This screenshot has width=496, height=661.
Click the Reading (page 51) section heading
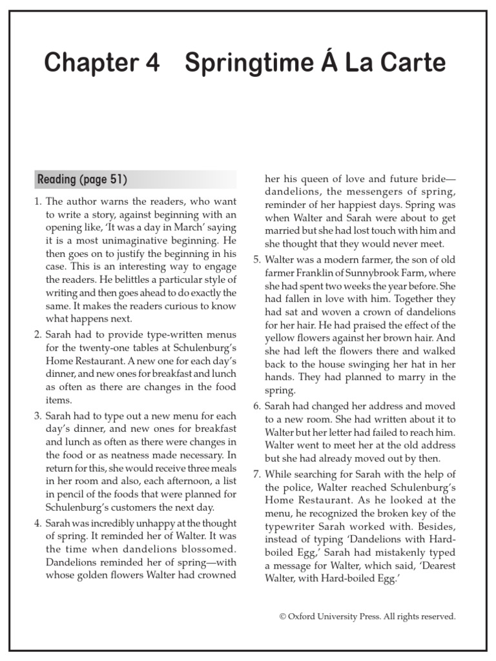click(x=82, y=179)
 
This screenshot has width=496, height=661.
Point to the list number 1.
click(x=37, y=202)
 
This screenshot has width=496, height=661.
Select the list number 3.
click(x=37, y=414)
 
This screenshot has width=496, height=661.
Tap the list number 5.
click(x=257, y=259)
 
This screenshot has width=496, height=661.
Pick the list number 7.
click(x=257, y=474)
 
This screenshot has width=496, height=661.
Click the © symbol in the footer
click(x=283, y=616)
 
